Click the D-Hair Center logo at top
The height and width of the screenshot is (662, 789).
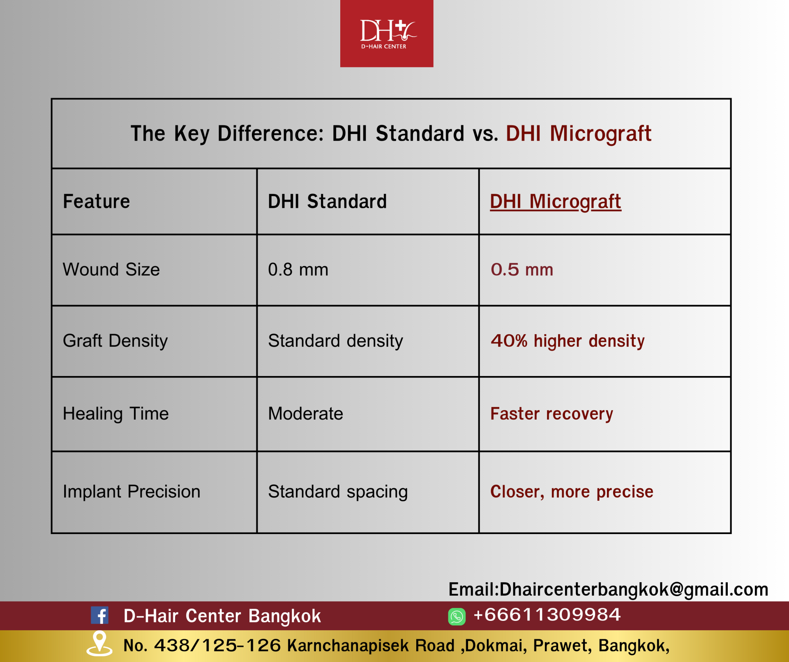[x=387, y=33]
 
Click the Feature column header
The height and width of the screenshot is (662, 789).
[x=96, y=202]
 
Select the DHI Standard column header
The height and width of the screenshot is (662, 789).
[x=327, y=202]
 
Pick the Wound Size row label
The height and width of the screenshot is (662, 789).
[x=111, y=270]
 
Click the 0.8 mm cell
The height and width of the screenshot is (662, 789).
[x=298, y=270]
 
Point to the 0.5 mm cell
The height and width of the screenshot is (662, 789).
[x=522, y=270]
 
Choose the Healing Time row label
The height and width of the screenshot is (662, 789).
[x=115, y=414]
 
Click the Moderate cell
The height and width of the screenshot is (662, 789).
[x=305, y=413]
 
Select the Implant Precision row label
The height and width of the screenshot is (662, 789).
[x=131, y=492]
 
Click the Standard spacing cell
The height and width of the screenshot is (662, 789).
[x=338, y=492]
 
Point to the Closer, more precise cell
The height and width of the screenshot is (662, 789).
[x=572, y=492]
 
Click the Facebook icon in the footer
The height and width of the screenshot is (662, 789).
[x=99, y=616]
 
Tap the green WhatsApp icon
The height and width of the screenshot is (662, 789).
[x=457, y=616]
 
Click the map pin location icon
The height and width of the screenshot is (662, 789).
[x=99, y=643]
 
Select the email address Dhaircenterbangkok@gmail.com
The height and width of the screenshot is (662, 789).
[x=634, y=590]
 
